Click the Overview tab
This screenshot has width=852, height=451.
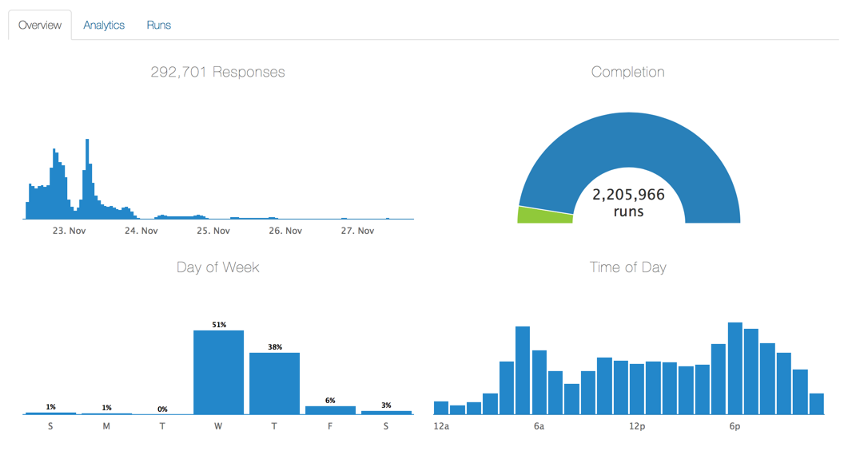tap(40, 25)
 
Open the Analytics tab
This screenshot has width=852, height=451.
tap(104, 25)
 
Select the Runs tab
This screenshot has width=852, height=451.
tap(158, 25)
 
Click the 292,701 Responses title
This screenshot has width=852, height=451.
tap(217, 72)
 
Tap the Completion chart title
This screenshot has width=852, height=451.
tap(627, 72)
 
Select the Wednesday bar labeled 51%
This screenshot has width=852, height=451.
tap(218, 371)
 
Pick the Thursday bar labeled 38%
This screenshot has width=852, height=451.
tap(274, 382)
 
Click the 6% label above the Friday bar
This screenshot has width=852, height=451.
tap(330, 400)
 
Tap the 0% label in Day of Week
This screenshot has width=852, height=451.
tap(162, 409)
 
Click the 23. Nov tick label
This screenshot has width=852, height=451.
tap(69, 231)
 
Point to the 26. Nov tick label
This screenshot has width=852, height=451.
tap(285, 231)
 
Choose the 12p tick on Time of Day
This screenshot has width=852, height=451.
tap(637, 426)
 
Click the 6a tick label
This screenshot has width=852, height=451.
tap(539, 426)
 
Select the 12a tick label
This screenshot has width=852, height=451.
tap(441, 426)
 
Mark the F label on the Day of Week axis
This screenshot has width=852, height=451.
tap(330, 426)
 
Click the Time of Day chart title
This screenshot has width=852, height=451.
tap(627, 267)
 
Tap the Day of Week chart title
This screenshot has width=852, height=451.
tap(217, 267)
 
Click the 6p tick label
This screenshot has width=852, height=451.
tap(735, 426)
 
